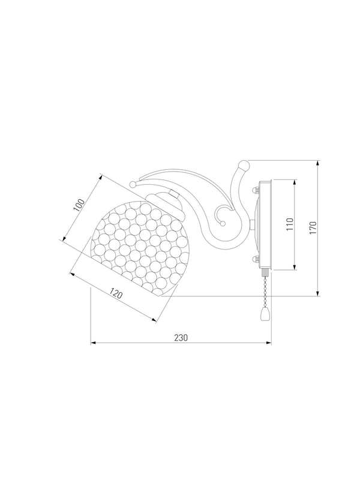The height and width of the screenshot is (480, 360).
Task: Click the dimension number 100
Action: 79,205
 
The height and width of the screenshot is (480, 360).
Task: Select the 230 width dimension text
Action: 181,337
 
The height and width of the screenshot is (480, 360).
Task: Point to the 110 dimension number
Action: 290,224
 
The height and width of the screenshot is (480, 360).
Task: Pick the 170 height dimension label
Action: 313,228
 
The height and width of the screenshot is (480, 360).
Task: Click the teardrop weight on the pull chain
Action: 264,314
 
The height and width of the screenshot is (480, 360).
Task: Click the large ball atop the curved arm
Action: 244,166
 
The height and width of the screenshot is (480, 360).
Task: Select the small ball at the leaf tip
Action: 133,184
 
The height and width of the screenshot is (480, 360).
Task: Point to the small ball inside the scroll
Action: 223,223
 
